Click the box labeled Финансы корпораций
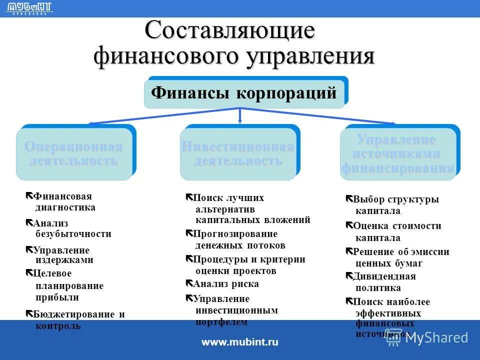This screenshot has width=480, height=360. (x=244, y=93)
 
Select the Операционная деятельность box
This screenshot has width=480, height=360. (x=73, y=154)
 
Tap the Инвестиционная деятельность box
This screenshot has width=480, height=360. (x=237, y=154)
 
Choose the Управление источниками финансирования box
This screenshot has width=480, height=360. (x=398, y=154)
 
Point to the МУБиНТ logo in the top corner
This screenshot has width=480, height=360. (x=31, y=7)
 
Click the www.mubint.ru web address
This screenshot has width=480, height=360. (x=239, y=342)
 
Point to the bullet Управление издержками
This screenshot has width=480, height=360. (x=62, y=255)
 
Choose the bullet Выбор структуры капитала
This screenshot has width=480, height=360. (x=395, y=205)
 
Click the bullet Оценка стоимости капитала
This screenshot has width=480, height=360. (x=396, y=231)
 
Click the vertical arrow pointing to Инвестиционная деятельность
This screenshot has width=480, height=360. (x=240, y=115)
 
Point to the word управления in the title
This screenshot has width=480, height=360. (x=310, y=56)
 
